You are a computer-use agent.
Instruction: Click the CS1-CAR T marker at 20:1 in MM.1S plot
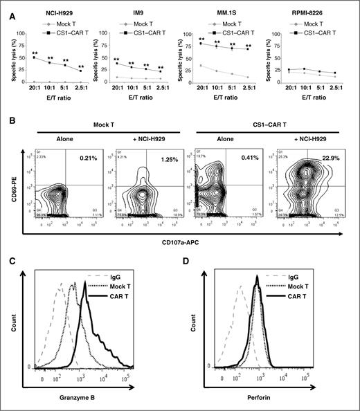[x=202, y=44]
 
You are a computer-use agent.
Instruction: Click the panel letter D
[x=191, y=257]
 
